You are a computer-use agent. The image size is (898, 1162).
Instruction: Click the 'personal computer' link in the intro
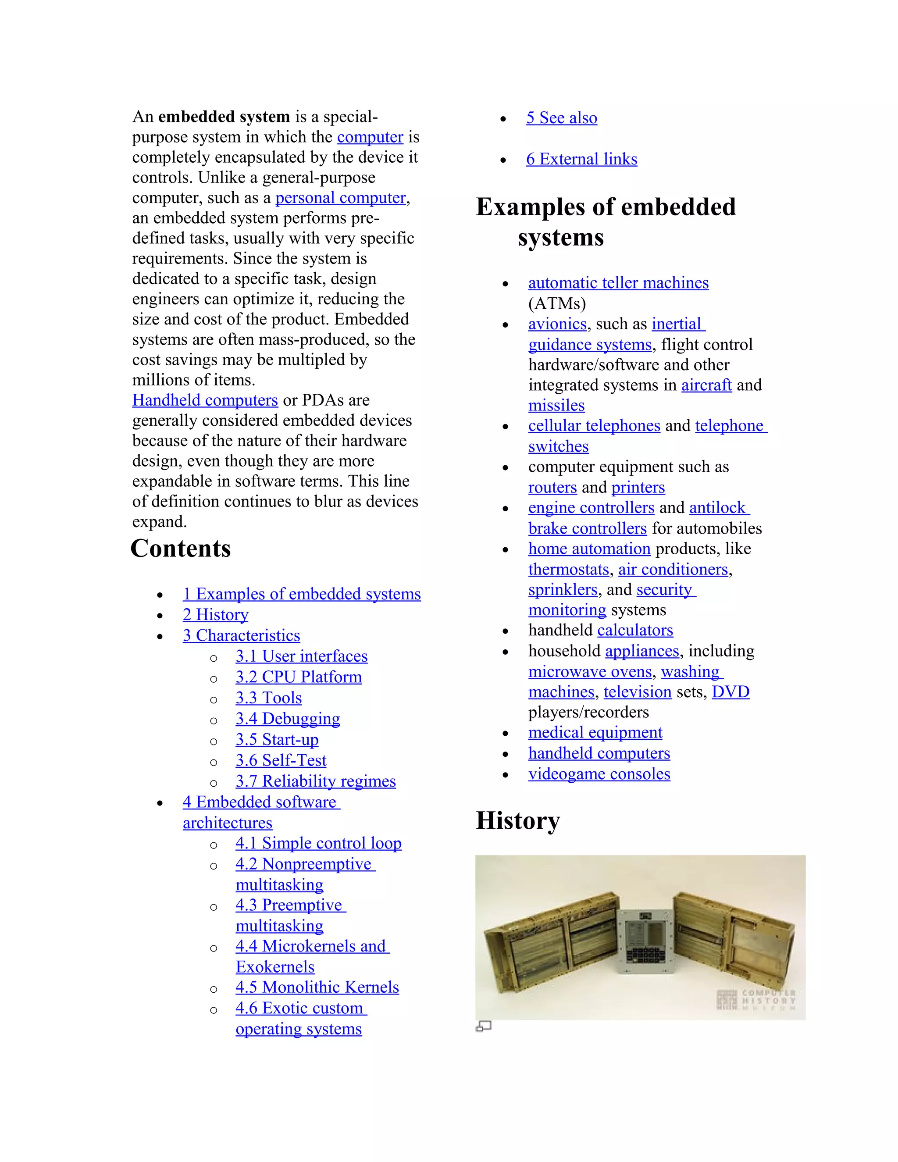340,198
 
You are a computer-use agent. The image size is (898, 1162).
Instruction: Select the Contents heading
181,549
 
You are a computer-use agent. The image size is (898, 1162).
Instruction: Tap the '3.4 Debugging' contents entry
288,719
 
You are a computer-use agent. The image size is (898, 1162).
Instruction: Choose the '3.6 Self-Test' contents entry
281,760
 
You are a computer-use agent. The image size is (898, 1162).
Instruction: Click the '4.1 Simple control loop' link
319,843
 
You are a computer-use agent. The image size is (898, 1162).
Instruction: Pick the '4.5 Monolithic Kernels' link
317,987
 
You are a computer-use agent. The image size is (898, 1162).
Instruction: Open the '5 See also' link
562,118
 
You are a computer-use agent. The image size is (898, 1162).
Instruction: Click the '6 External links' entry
581,159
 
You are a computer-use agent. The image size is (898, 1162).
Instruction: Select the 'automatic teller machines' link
618,283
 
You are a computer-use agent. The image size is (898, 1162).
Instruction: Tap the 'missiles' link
556,406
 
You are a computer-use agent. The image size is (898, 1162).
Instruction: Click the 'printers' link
638,487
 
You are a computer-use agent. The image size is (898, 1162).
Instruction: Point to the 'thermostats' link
569,569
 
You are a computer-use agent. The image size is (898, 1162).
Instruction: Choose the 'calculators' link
635,631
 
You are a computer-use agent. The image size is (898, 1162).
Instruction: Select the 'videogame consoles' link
599,774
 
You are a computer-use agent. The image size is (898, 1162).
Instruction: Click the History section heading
518,820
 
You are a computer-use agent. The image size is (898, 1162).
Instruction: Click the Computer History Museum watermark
756,1000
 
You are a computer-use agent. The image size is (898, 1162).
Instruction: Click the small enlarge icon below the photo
483,1027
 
